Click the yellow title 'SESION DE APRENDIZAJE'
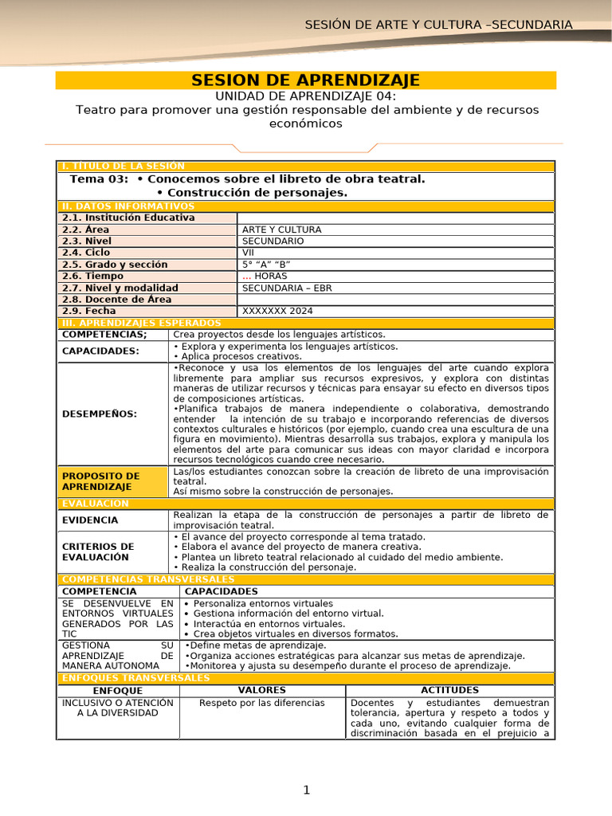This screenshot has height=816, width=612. [x=306, y=80]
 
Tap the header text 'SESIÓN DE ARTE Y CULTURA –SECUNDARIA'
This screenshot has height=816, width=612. [x=439, y=25]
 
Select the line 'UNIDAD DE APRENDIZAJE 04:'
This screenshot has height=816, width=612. [x=306, y=96]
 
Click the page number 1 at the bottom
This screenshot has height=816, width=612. [x=306, y=790]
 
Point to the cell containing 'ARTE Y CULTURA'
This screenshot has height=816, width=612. [x=282, y=229]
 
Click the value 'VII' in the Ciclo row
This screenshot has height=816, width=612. [x=249, y=253]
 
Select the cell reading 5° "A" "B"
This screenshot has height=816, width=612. [x=266, y=265]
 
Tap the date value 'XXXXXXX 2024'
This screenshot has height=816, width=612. [x=278, y=311]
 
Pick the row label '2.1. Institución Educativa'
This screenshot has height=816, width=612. [x=128, y=218]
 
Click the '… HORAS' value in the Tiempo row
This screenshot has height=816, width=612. [x=265, y=276]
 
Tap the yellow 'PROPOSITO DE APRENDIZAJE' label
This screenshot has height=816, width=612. [x=101, y=481]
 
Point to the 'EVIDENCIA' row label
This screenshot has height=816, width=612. [x=90, y=520]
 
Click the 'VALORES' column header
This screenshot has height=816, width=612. [x=262, y=690]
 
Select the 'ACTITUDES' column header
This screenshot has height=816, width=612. [x=449, y=690]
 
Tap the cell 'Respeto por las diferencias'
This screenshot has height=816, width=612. [x=262, y=703]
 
